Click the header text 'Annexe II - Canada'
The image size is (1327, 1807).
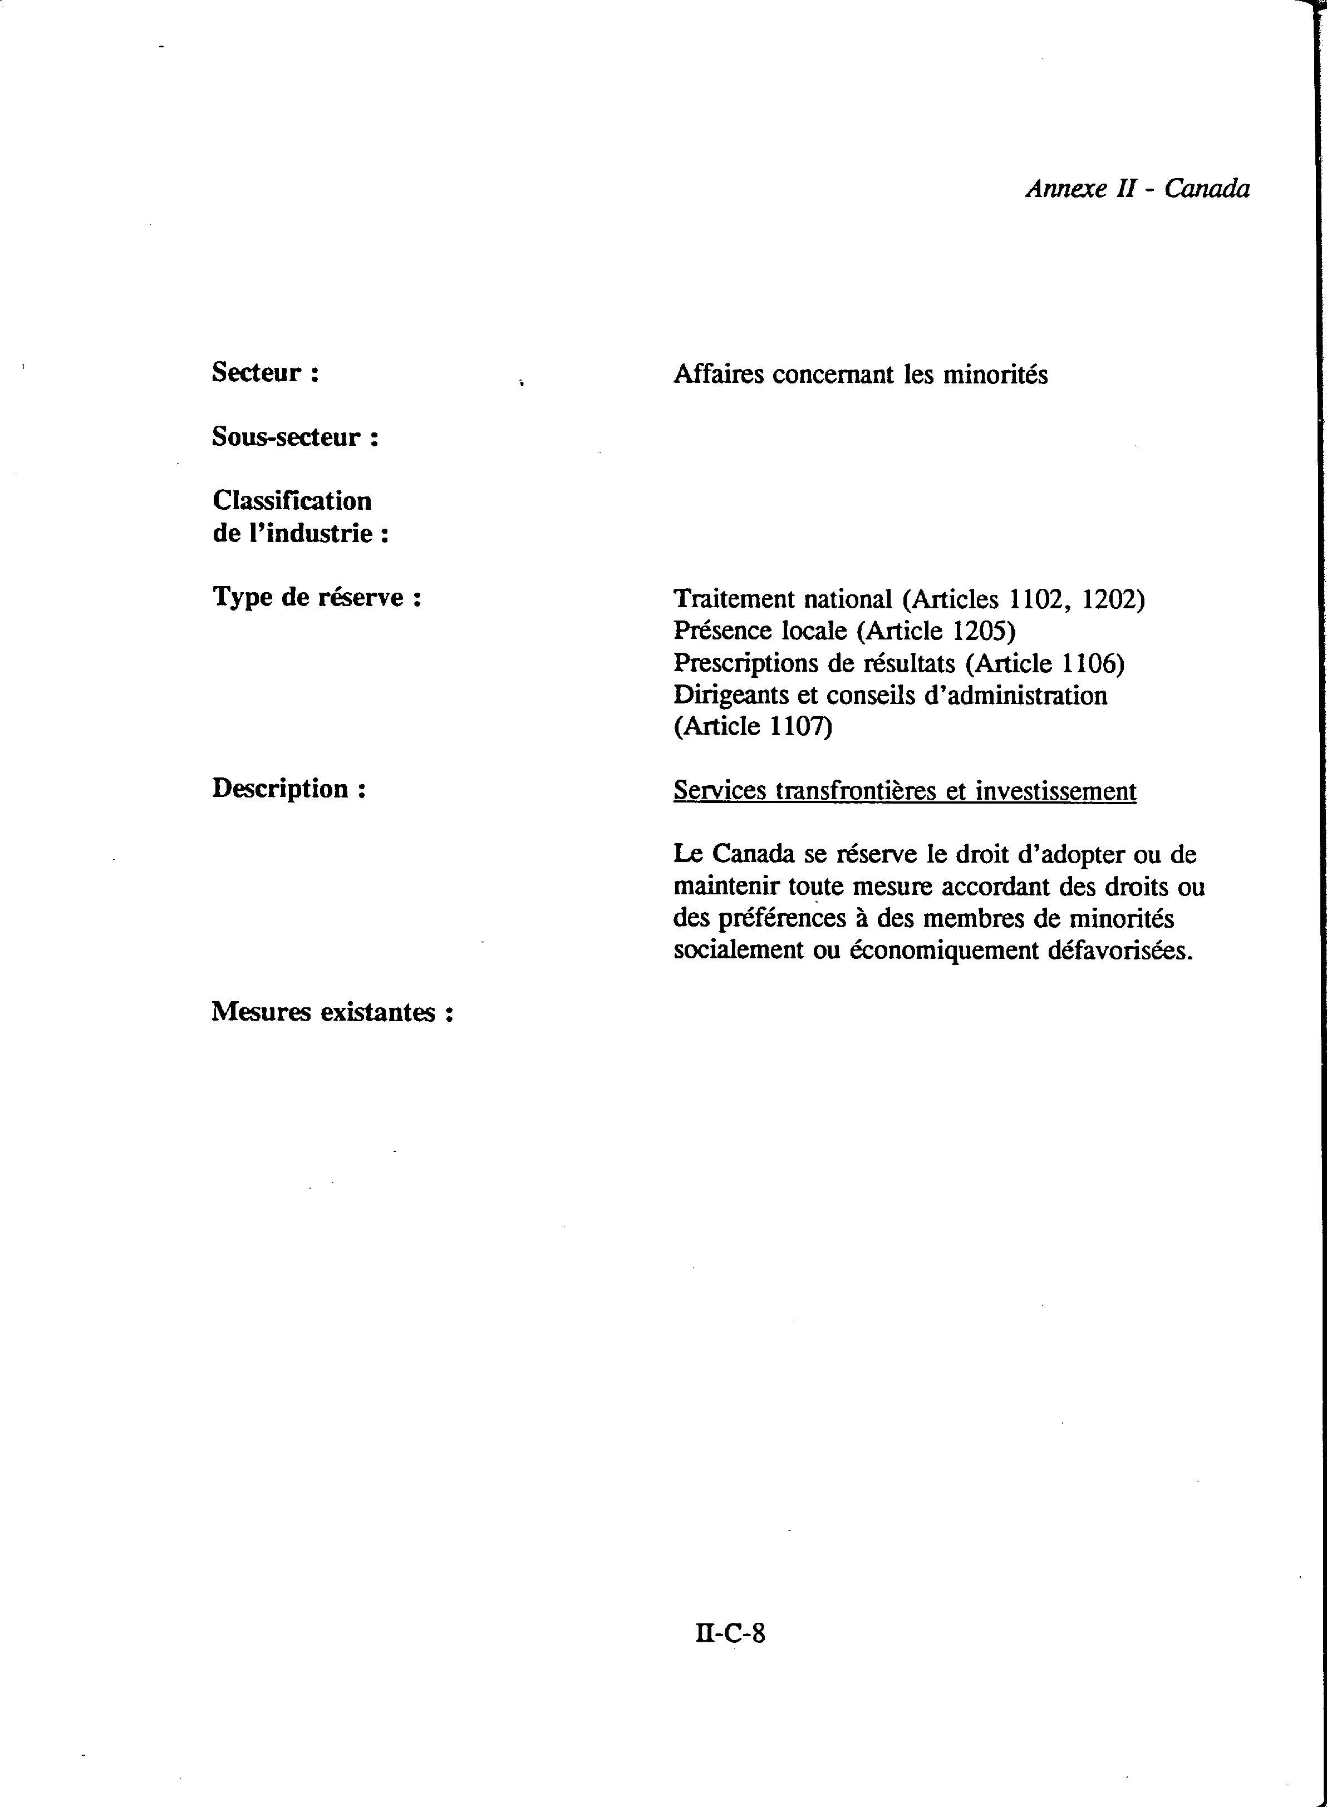1137,189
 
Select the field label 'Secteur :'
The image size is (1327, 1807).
265,373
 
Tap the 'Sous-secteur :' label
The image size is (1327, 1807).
295,437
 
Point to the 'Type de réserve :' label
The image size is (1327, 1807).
317,598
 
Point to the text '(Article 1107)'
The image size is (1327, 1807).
753,727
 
